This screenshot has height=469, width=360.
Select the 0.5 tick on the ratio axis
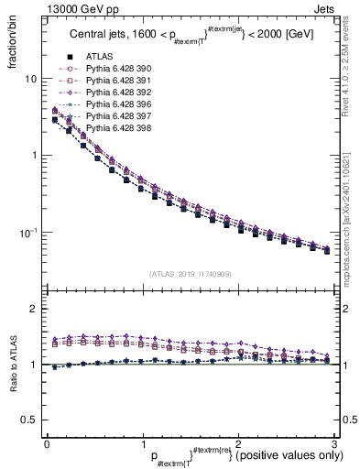[x=28, y=420]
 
